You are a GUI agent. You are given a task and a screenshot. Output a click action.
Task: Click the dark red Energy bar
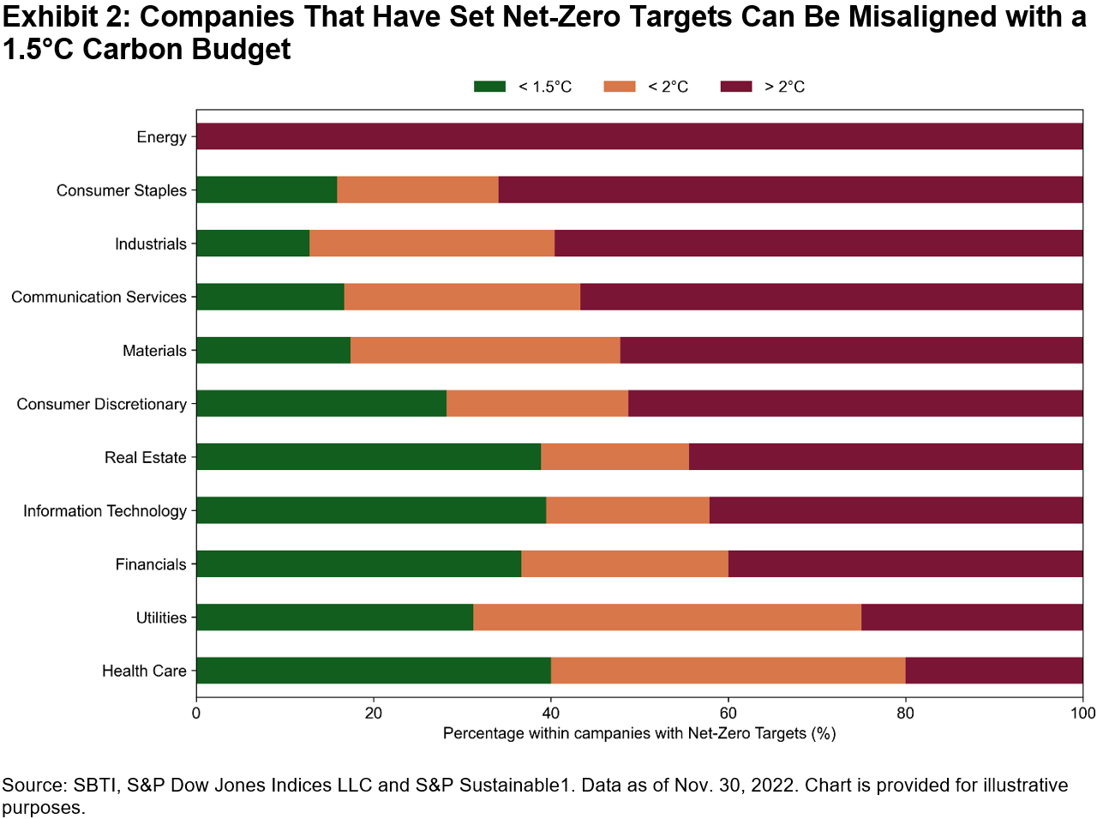click(x=639, y=137)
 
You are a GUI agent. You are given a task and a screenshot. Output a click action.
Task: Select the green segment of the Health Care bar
click(x=374, y=671)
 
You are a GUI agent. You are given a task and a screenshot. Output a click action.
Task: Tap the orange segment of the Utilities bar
click(x=667, y=617)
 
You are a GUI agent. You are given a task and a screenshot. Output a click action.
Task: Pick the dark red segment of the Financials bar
click(x=905, y=564)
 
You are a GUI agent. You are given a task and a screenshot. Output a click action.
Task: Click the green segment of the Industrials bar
click(x=253, y=244)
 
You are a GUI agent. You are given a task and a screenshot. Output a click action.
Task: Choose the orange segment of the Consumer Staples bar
click(x=417, y=190)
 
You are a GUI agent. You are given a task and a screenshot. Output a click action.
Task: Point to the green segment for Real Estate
click(x=369, y=457)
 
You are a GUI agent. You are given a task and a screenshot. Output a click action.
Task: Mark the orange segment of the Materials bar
click(x=485, y=351)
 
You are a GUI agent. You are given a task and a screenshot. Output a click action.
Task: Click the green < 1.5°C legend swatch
click(x=490, y=87)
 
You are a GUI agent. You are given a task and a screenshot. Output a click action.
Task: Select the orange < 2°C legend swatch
click(x=620, y=87)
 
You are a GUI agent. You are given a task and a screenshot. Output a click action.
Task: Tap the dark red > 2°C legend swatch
click(x=736, y=87)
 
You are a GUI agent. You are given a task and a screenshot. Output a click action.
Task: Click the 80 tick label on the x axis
click(x=905, y=714)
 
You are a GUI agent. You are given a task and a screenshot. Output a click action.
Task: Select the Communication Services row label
click(x=99, y=298)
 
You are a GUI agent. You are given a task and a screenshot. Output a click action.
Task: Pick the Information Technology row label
click(x=105, y=511)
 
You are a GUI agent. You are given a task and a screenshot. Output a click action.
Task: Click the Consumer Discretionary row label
click(x=101, y=404)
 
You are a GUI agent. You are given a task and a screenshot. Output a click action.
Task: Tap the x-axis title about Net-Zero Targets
click(x=639, y=734)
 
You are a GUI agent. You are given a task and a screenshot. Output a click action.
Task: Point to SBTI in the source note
click(x=96, y=786)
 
